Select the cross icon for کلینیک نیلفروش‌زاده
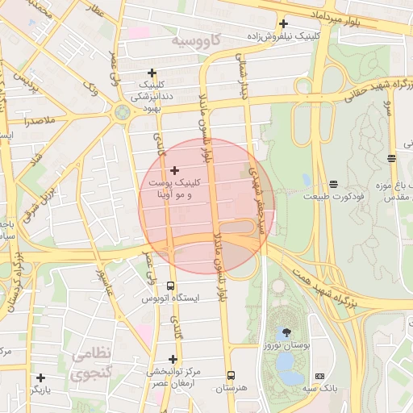[x=283, y=23]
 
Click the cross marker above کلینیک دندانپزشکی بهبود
[x=152, y=73]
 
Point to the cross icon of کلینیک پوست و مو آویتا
[x=175, y=170]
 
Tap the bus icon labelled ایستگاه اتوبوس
[x=170, y=286]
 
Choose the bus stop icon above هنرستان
[x=232, y=375]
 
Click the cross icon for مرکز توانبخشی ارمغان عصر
[x=173, y=359]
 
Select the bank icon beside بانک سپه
[x=320, y=376]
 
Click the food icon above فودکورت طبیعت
[x=333, y=184]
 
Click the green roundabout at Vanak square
[x=123, y=112]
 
